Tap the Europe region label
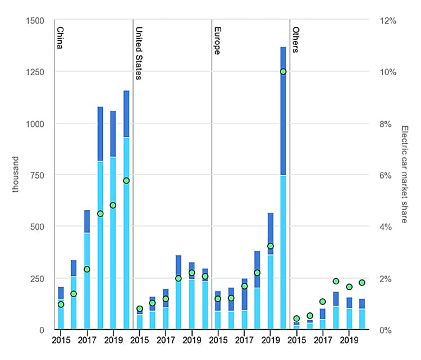pyautogui.click(x=217, y=40)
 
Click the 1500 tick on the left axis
pyautogui.click(x=34, y=21)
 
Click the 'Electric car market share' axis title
pyautogui.click(x=405, y=174)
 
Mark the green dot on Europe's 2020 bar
pyautogui.click(x=283, y=72)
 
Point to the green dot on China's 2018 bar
pyautogui.click(x=100, y=214)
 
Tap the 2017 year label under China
pyautogui.click(x=87, y=340)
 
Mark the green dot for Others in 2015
pyautogui.click(x=296, y=319)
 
